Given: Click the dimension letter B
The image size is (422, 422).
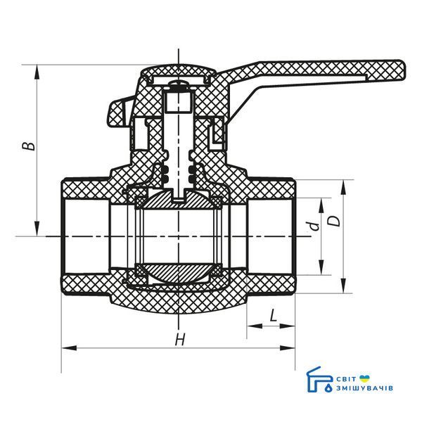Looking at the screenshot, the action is tap(29, 146).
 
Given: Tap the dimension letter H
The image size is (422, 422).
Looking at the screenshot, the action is tap(180, 340).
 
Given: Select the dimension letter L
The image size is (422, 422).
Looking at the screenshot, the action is tap(273, 315).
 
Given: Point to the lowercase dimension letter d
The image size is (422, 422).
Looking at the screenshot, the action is tap(314, 226).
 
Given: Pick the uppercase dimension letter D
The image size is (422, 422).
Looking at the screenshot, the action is tap(335, 222).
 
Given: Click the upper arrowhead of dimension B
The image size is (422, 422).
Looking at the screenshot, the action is tap(37, 72).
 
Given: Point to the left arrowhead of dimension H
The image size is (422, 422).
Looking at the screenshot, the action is tap(69, 348).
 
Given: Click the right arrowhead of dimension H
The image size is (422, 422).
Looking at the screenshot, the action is tap(288, 348).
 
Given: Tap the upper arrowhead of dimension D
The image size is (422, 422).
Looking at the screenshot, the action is tap(343, 187).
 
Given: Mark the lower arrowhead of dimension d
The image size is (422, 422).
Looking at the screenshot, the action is tap(321, 267).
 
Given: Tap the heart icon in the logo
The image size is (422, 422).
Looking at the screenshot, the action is tap(364, 378).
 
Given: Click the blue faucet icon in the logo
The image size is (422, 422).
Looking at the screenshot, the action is tap(320, 380).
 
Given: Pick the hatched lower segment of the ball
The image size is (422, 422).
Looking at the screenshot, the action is tap(178, 271).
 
